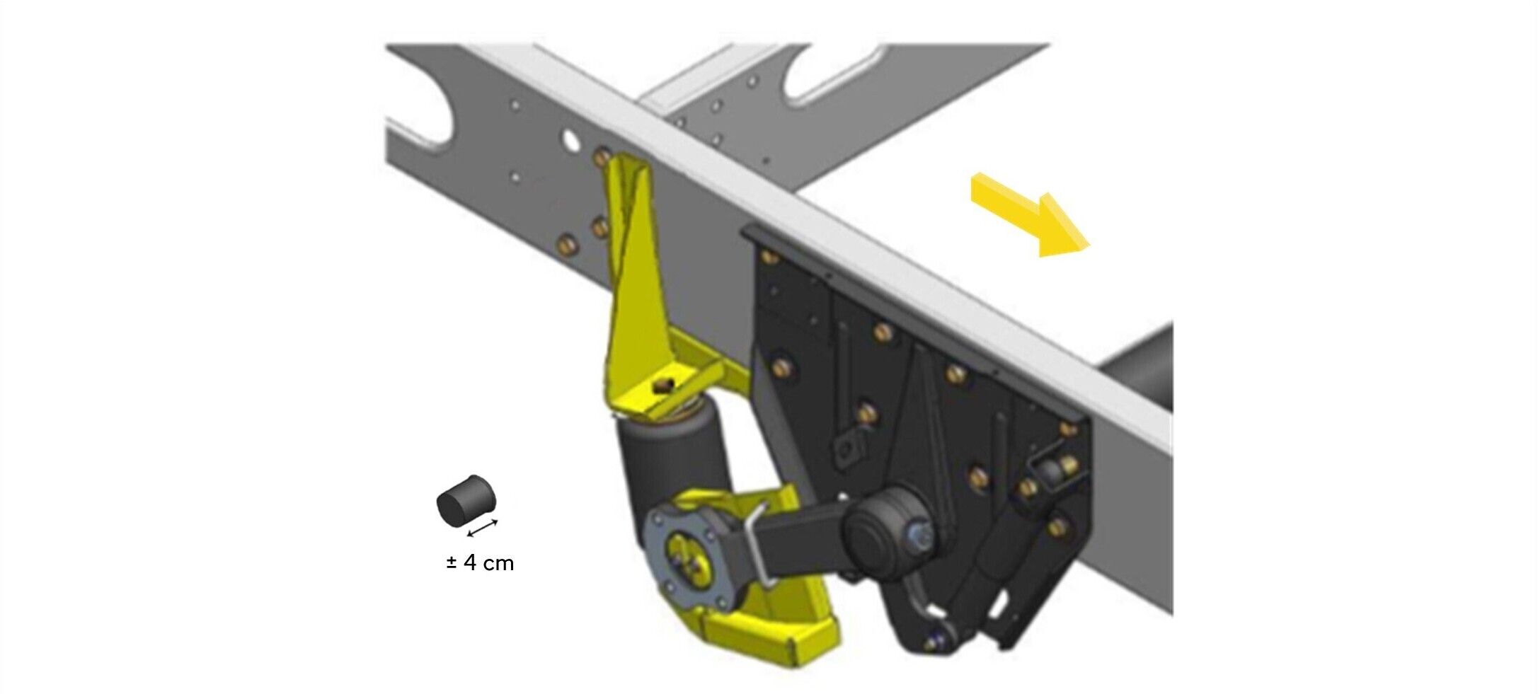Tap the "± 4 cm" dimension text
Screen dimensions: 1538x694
click(480, 563)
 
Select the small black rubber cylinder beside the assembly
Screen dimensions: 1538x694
click(465, 501)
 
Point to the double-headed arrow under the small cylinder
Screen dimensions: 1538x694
click(483, 528)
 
